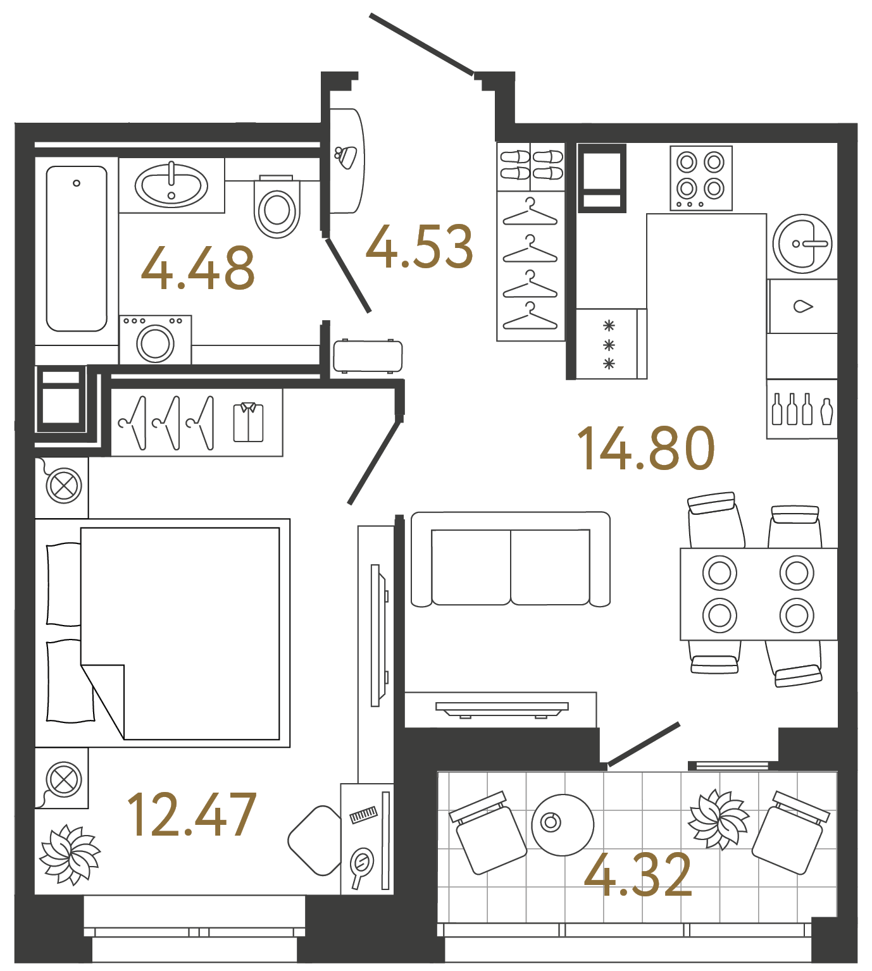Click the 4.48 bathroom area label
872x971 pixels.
[197, 269]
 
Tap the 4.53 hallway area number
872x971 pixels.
[420, 247]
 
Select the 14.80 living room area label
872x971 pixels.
[645, 448]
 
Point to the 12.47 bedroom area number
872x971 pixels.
[192, 816]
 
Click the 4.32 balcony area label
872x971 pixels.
[638, 875]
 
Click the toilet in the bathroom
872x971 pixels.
[277, 207]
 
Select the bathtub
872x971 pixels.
[77, 248]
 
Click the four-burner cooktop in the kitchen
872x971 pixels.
[701, 178]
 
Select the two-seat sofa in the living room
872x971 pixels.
[511, 559]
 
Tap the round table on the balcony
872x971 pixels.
[563, 824]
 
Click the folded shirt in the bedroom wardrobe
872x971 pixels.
[248, 422]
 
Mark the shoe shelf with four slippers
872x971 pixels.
[531, 166]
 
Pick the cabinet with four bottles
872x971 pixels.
[802, 409]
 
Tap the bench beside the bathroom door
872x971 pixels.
[368, 356]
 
